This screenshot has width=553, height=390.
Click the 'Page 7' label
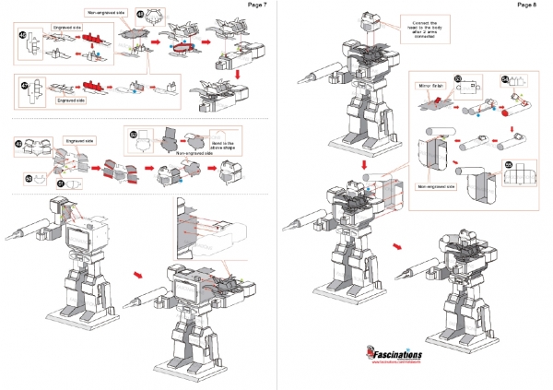(257, 6)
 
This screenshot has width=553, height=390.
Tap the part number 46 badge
(23, 35)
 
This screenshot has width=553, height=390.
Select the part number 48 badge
(140, 15)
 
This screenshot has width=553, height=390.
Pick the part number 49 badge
(19, 143)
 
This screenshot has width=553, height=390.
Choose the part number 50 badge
(29, 177)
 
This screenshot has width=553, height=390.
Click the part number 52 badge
(134, 135)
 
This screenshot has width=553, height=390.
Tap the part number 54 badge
(504, 79)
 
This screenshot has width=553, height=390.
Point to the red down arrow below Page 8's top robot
(363, 170)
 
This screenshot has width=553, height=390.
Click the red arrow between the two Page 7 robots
(138, 274)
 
